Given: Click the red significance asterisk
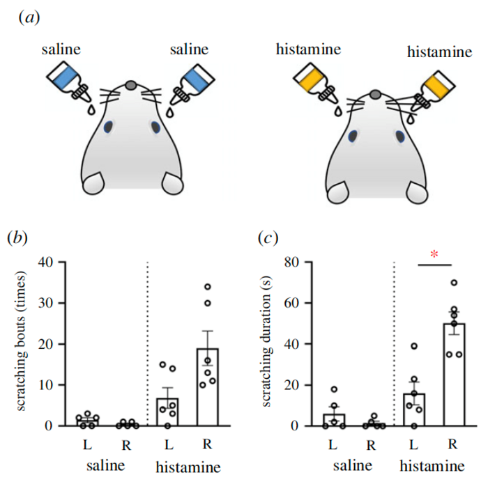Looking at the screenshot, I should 434,255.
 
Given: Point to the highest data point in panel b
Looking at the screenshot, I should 208,287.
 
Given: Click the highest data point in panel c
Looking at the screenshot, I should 455,283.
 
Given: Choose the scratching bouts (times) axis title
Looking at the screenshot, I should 22,343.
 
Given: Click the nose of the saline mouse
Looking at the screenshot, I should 130,85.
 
